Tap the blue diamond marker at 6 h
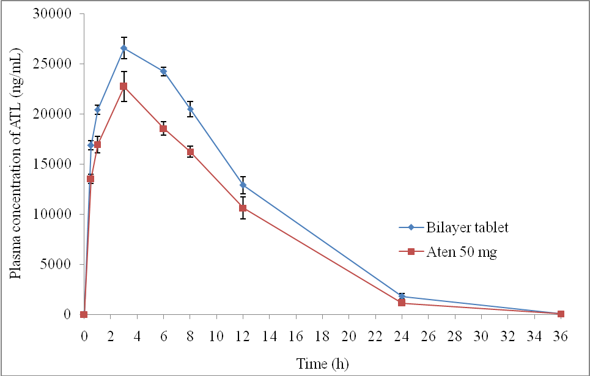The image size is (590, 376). coord(163,72)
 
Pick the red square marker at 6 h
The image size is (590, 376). coord(163,128)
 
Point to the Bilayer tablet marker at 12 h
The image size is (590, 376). coord(243,185)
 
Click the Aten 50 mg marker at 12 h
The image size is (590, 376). coord(243,208)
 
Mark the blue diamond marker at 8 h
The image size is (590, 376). coord(190,109)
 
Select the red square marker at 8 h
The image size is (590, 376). coord(190,152)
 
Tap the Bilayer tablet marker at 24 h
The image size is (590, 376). coord(402,297)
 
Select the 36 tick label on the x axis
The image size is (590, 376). coord(561,336)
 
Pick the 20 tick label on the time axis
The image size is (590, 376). coord(348,336)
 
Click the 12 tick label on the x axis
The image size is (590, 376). coord(243,336)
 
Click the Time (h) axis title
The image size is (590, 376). coord(322,364)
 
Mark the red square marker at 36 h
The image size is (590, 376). coord(561,314)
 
